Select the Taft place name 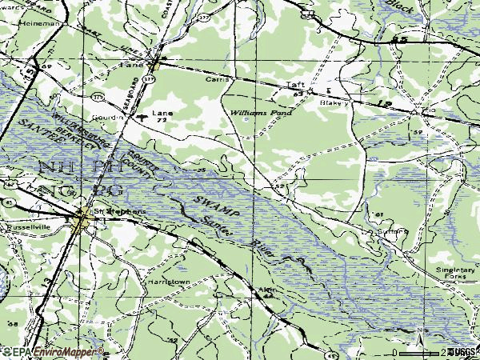(x=297, y=85)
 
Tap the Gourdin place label (x=109, y=117)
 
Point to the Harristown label (x=167, y=282)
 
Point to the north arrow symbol (x=419, y=330)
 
